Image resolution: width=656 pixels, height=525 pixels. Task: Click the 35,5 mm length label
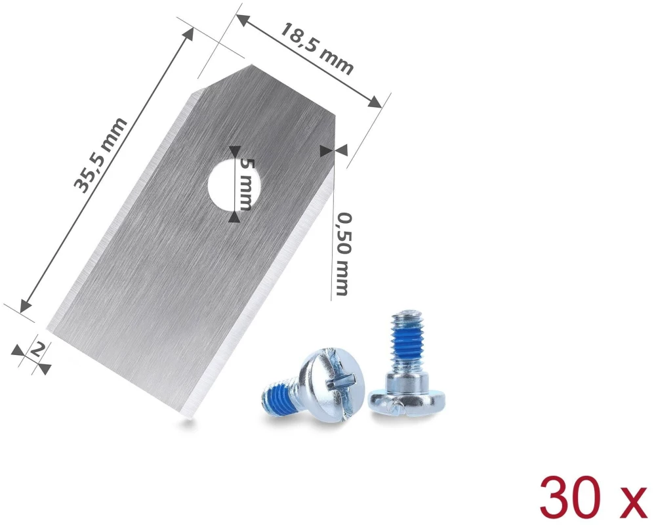pyautogui.click(x=100, y=156)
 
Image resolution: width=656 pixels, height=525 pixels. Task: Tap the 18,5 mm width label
pyautogui.click(x=317, y=49)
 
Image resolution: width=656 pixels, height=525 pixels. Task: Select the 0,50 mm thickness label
pyautogui.click(x=342, y=254)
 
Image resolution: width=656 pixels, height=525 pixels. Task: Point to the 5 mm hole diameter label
pyautogui.click(x=243, y=185)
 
